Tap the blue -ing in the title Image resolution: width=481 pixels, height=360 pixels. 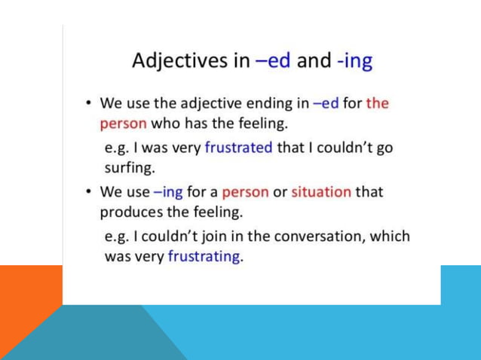[x=354, y=59]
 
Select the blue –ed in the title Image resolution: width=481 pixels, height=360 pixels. [x=274, y=59]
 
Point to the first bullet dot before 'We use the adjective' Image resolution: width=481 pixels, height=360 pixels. [x=90, y=102]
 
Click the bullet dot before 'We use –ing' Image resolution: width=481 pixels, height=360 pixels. [x=90, y=191]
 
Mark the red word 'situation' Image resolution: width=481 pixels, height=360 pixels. [x=320, y=191]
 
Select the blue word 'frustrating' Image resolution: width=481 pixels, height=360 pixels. [x=204, y=256]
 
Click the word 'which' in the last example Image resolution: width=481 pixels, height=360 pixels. [x=391, y=236]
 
